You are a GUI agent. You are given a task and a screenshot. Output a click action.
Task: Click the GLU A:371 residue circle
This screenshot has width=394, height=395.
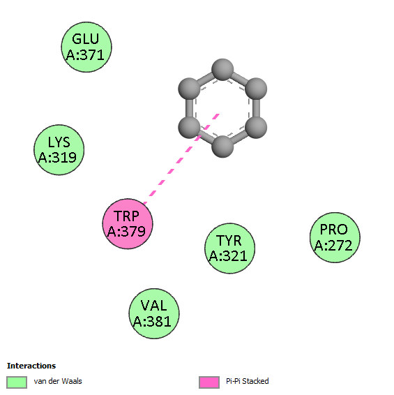tap(86, 47)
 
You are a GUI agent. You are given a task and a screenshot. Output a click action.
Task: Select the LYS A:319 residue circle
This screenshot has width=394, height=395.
tap(59, 150)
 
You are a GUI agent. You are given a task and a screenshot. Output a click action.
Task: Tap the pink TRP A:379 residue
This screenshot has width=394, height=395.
tap(128, 224)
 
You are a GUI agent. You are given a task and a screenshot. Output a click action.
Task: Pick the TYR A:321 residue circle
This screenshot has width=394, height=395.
tap(230, 248)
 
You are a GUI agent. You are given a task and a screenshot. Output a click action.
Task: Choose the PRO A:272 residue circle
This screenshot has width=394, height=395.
tap(335, 237)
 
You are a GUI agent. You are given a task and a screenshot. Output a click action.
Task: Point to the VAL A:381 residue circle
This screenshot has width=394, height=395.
tap(154, 313)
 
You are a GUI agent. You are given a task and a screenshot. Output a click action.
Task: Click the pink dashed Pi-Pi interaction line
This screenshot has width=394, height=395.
tap(181, 158)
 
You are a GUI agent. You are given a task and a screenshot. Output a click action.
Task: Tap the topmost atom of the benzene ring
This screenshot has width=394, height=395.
tap(222, 70)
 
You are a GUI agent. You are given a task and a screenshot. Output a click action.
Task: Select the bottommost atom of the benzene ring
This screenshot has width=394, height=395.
tap(222, 147)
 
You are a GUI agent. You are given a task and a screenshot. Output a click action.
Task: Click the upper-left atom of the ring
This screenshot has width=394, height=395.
tap(189, 89)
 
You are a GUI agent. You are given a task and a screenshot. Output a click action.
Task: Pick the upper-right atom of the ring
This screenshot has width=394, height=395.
tap(256, 89)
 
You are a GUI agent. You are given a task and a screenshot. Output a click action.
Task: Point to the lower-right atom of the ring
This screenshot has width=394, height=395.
tap(256, 128)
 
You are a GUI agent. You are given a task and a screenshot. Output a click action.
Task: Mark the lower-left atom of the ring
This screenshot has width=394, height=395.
tap(189, 128)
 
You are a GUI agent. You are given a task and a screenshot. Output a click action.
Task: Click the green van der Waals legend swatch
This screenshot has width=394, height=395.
tap(17, 382)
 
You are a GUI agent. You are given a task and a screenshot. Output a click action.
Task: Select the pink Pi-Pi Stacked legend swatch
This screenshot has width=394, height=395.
tap(209, 382)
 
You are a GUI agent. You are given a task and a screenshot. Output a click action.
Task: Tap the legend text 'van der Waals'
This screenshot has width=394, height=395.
tap(58, 381)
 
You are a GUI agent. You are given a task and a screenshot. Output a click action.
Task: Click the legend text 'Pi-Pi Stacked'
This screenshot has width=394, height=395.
tap(248, 381)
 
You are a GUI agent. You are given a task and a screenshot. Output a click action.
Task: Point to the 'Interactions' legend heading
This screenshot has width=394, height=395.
tap(31, 366)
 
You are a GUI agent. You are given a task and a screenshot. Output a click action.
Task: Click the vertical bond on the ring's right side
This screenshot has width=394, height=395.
tap(256, 108)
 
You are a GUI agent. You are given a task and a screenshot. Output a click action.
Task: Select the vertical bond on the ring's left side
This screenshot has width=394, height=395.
tap(189, 108)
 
